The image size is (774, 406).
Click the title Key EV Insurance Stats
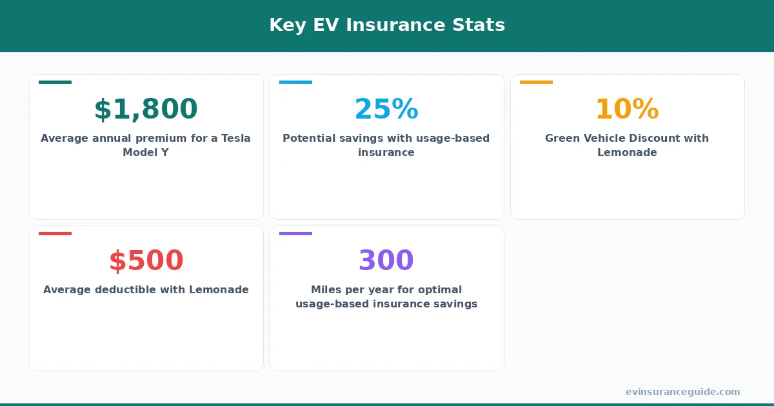[x=387, y=25]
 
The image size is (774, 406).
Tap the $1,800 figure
[x=146, y=110]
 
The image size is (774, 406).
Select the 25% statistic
[x=386, y=110]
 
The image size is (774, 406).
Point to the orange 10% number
[x=627, y=110]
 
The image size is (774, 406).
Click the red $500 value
[x=146, y=261]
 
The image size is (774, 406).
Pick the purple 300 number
[x=386, y=261]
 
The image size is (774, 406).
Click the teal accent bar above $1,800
[x=55, y=82]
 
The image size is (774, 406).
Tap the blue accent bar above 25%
[x=295, y=82]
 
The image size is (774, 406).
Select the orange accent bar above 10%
[x=536, y=82]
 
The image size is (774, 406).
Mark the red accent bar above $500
[x=55, y=233]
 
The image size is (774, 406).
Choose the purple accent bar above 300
[x=295, y=233]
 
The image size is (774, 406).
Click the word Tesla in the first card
[x=235, y=138]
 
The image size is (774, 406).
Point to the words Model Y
[x=146, y=153]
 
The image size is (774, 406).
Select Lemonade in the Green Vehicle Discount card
[x=627, y=153]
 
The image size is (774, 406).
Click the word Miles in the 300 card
[x=326, y=289]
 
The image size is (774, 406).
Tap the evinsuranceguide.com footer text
[x=682, y=392]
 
